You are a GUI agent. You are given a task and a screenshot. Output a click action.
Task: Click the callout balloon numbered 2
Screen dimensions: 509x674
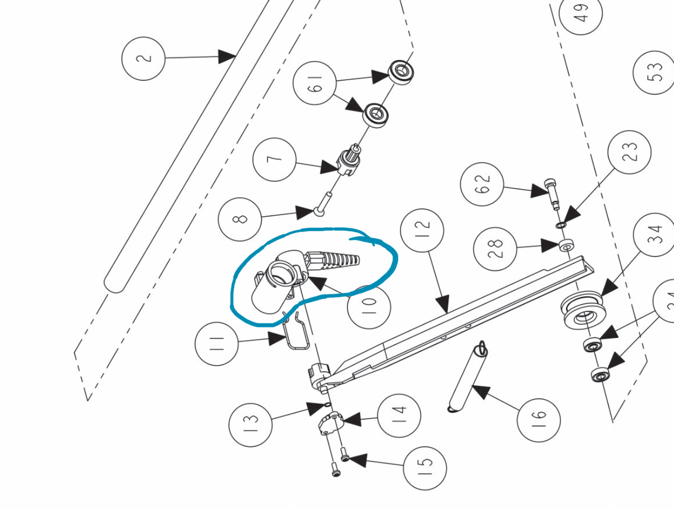point(143,58)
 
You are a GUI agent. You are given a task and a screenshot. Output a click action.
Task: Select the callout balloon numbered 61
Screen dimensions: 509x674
point(315,83)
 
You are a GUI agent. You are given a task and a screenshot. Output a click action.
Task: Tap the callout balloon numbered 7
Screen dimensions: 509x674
point(274,159)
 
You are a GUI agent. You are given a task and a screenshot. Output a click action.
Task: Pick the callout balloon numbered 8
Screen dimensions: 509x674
point(240,218)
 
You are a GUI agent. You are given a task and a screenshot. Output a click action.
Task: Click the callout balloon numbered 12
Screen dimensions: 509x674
point(422,230)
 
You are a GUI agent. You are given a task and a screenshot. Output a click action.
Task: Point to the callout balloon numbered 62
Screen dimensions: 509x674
point(482,184)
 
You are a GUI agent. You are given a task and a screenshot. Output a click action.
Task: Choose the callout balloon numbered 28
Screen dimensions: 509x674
point(495,249)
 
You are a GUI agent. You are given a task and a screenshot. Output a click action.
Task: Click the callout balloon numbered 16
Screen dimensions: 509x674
point(538,420)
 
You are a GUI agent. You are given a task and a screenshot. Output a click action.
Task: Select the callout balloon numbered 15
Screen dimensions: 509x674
point(425,468)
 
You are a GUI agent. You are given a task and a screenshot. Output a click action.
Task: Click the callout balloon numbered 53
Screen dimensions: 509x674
point(655,72)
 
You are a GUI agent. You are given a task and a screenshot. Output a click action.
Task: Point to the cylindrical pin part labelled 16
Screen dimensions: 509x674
point(465,376)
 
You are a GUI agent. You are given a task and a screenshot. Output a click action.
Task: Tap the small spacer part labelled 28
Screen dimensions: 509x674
point(566,246)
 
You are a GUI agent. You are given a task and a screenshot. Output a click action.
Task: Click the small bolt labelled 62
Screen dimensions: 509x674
point(552,193)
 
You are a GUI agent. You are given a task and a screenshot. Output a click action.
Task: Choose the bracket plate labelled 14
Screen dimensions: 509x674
point(331,423)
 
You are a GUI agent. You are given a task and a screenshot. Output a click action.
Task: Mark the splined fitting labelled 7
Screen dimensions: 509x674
point(349,162)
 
